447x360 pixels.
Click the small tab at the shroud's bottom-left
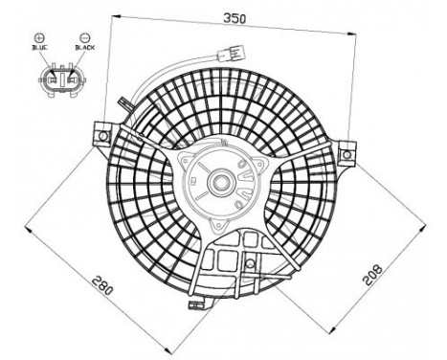[x=196, y=305]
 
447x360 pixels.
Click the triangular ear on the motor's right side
[x=255, y=173]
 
